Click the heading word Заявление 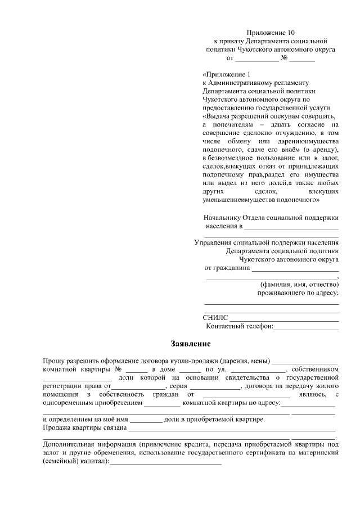pyautogui.click(x=191, y=343)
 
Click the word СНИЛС pyautogui.click(x=215, y=318)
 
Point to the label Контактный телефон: pyautogui.click(x=240, y=326)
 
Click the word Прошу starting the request pyautogui.click(x=53, y=361)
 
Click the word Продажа pyautogui.click(x=57, y=429)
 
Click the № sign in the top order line pyautogui.click(x=285, y=58)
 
